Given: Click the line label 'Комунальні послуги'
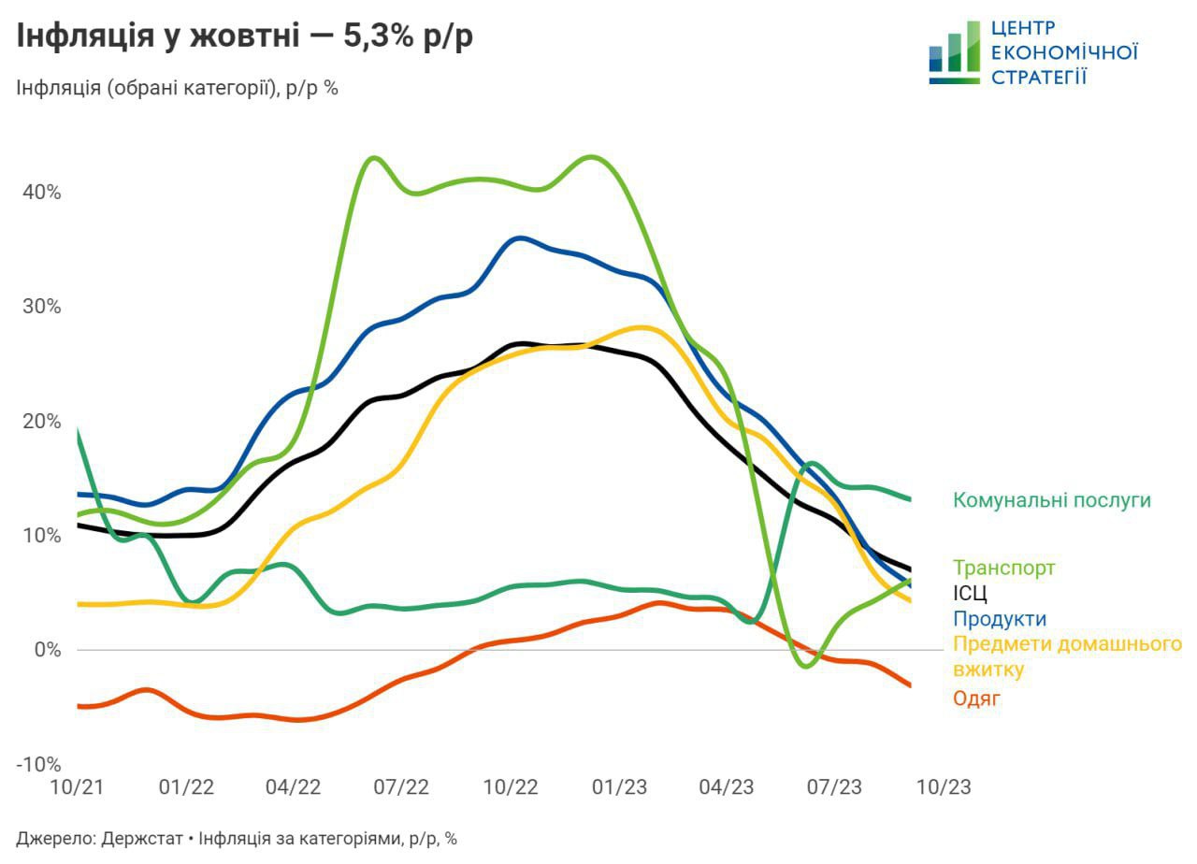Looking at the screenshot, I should tap(1051, 500).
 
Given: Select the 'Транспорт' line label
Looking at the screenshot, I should tap(1003, 568).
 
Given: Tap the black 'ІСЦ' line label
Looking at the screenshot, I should tap(970, 594).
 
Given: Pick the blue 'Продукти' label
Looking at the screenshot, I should tap(999, 619).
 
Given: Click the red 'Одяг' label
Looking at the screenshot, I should tap(976, 698).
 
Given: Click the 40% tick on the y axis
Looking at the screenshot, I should tap(41, 193).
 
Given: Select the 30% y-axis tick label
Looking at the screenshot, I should tap(41, 307).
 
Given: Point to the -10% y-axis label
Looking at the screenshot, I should tap(38, 764).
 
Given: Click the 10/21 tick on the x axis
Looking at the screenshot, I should tap(77, 788).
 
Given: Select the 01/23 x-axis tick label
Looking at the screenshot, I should tap(619, 788).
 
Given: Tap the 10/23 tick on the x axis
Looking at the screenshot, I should tap(943, 788).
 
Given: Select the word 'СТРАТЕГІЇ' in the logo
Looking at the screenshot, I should tap(1038, 77).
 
